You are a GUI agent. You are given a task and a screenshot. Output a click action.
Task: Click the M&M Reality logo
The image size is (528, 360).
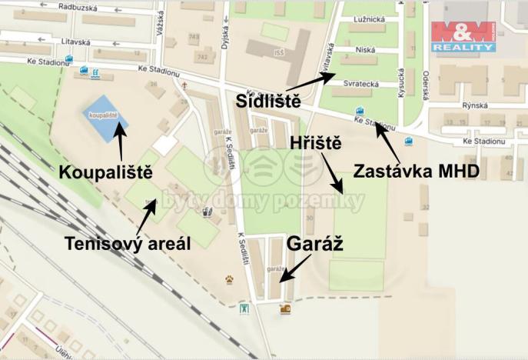(x=463, y=36)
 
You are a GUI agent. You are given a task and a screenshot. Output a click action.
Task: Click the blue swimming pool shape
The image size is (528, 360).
(x=105, y=118)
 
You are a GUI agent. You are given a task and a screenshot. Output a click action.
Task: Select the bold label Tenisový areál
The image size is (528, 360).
(x=126, y=244)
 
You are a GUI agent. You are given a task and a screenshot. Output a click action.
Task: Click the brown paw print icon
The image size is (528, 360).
(x=229, y=279)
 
